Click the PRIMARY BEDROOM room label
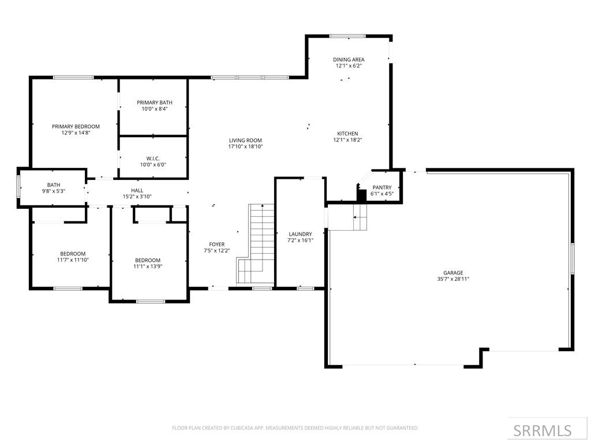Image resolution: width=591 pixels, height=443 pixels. pyautogui.click(x=76, y=126)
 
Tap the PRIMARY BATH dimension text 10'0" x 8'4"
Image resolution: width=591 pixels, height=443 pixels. pyautogui.click(x=154, y=109)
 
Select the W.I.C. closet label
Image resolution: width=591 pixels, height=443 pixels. pyautogui.click(x=153, y=158)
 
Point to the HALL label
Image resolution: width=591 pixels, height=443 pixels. pyautogui.click(x=137, y=190)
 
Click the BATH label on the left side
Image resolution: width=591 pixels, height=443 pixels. pyautogui.click(x=53, y=185)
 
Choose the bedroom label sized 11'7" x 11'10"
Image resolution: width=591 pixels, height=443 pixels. pyautogui.click(x=73, y=254)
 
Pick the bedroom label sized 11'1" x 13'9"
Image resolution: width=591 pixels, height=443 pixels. pyautogui.click(x=148, y=260)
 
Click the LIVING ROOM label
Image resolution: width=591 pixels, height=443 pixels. pyautogui.click(x=245, y=140)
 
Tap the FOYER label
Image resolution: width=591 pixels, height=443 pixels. pyautogui.click(x=216, y=245)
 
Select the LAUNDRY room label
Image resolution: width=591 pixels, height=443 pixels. pyautogui.click(x=300, y=234)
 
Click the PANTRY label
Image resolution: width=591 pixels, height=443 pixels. pyautogui.click(x=382, y=187)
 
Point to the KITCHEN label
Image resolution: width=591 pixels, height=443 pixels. pyautogui.click(x=348, y=134)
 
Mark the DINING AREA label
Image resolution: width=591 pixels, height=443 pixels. pyautogui.click(x=349, y=59)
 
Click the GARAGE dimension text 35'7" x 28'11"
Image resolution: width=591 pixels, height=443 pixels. pyautogui.click(x=453, y=279)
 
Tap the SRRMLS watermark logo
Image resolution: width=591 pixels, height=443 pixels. pyautogui.click(x=542, y=430)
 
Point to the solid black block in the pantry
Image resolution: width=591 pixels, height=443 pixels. pyautogui.click(x=362, y=195)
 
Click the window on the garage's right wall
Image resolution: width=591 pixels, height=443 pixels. pyautogui.click(x=572, y=258)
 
